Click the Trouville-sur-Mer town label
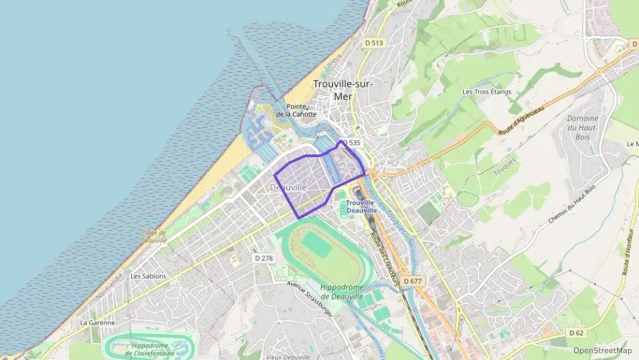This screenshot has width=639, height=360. pyautogui.click(x=343, y=89)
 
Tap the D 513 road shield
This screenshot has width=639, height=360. pyautogui.click(x=374, y=42)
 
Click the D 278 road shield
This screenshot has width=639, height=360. pyautogui.click(x=264, y=258)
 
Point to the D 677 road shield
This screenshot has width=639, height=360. pyautogui.click(x=412, y=281)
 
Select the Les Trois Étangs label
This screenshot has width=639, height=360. pyautogui.click(x=487, y=92)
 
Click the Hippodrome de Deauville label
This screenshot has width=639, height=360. pyautogui.click(x=345, y=292)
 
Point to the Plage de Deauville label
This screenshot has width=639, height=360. pyautogui.click(x=154, y=236)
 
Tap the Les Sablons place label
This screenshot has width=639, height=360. pyautogui.click(x=148, y=276)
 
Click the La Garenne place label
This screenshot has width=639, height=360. pyautogui.click(x=98, y=322)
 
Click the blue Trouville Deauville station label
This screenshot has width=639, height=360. pyautogui.click(x=360, y=206)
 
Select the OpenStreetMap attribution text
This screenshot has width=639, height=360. pyautogui.click(x=602, y=350)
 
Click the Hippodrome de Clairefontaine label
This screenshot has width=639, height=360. pyautogui.click(x=150, y=350)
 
